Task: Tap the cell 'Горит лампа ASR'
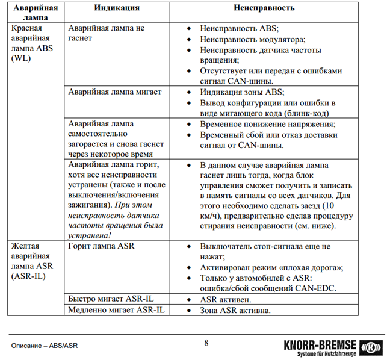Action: (101, 246)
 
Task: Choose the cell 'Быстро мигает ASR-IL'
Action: (111, 299)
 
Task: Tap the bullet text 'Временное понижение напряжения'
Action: (268, 125)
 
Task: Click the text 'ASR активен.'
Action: (225, 299)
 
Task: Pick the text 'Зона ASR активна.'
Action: (235, 310)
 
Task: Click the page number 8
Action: (206, 343)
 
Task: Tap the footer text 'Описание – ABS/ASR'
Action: (45, 346)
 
